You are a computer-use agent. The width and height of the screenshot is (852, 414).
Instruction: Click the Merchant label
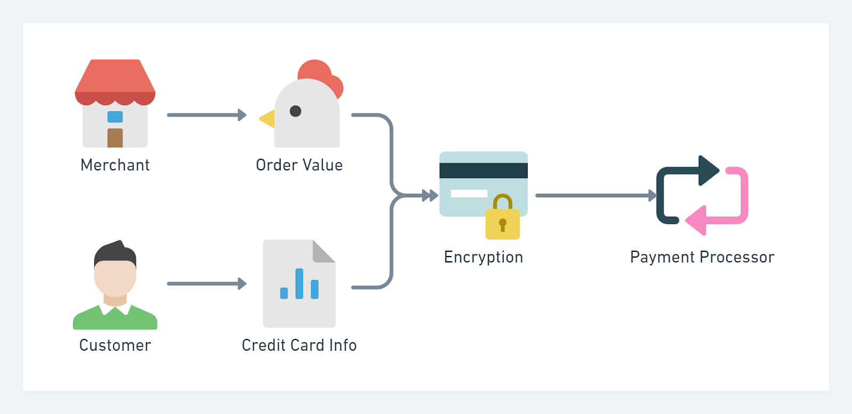click(x=115, y=165)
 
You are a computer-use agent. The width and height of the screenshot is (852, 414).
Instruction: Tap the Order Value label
click(x=299, y=165)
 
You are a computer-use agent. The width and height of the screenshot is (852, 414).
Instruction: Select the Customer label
click(x=115, y=345)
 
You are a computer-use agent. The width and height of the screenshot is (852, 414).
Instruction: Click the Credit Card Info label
click(x=299, y=345)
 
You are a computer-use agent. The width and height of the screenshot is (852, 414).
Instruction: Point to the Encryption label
click(x=484, y=257)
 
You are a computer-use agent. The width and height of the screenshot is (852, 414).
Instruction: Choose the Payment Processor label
click(x=702, y=257)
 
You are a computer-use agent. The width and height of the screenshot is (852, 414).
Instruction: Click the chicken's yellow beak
click(x=268, y=119)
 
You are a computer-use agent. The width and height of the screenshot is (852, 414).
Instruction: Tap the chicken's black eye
click(x=296, y=111)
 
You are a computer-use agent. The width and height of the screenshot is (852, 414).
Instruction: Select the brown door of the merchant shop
click(x=115, y=138)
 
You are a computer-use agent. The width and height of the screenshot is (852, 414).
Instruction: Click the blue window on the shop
click(x=115, y=117)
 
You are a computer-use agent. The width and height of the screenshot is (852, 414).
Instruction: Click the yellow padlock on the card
click(x=503, y=223)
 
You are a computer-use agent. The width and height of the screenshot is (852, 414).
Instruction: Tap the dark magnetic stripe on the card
click(x=484, y=170)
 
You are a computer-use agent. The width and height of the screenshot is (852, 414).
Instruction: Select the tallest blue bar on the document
click(x=299, y=283)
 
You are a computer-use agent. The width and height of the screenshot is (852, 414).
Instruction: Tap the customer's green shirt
click(x=115, y=321)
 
